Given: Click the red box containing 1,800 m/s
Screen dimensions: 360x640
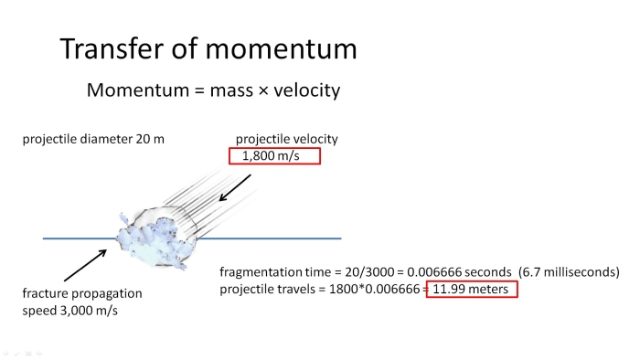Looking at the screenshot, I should tap(275, 156).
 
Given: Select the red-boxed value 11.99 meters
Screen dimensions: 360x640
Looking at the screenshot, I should tap(473, 290).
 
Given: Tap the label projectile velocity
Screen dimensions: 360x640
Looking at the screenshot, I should tap(287, 140).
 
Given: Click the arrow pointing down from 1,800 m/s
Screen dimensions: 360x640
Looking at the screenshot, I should tap(237, 187).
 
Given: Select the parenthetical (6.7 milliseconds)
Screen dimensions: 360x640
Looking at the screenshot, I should tap(569, 272).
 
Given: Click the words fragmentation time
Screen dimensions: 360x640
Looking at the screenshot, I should tap(275, 272).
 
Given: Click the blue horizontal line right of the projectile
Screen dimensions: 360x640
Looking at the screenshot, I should tap(274, 238).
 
